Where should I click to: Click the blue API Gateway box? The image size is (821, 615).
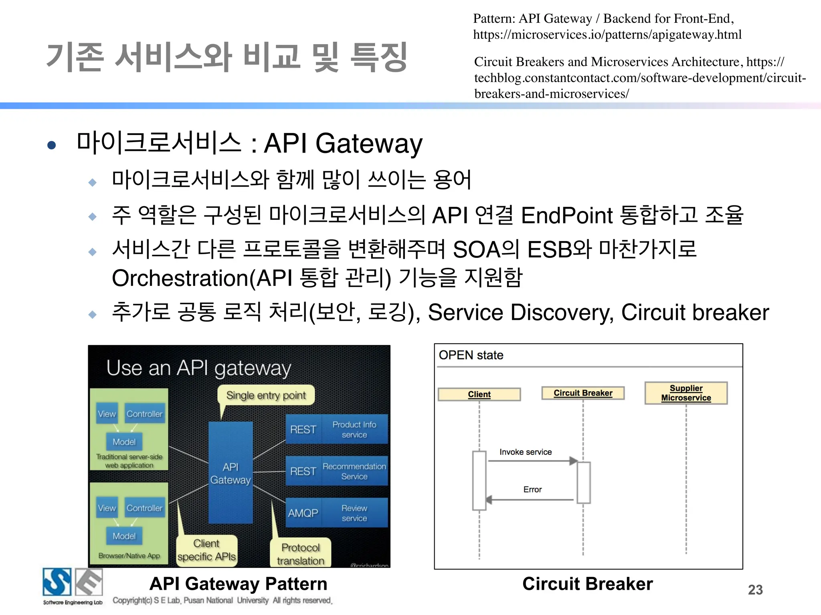click(x=231, y=472)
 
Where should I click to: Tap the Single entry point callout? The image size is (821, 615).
click(x=266, y=395)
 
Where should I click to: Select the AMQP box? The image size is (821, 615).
click(x=303, y=513)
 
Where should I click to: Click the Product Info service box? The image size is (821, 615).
click(x=354, y=429)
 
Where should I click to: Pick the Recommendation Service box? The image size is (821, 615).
click(x=354, y=471)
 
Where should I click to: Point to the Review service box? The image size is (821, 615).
click(x=354, y=513)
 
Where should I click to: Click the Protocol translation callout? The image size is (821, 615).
click(x=301, y=554)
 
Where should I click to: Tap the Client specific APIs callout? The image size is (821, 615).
click(x=206, y=550)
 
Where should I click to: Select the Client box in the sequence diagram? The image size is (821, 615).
click(x=479, y=394)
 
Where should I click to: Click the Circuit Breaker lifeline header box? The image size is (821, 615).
click(x=583, y=393)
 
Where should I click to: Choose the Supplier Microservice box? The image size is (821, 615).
click(x=686, y=393)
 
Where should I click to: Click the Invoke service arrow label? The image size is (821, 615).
click(x=526, y=452)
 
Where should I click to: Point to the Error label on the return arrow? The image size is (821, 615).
click(x=532, y=489)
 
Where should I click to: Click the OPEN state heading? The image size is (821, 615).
click(x=471, y=355)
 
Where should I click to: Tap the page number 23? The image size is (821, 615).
click(x=755, y=590)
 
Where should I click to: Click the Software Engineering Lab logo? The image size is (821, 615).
click(x=73, y=586)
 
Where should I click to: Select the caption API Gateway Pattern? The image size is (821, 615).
click(x=238, y=584)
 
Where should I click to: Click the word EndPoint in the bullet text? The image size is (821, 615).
click(x=567, y=215)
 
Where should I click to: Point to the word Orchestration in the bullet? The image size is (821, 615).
click(x=180, y=278)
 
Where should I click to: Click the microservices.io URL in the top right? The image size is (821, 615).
click(x=607, y=35)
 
